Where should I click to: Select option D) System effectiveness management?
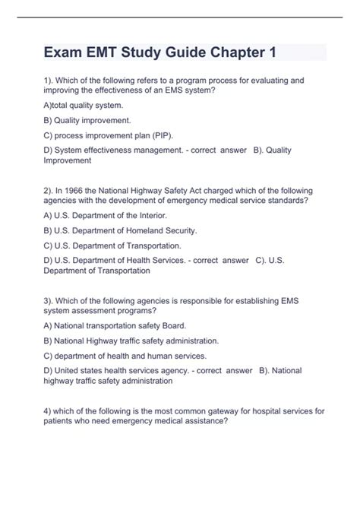[114, 150]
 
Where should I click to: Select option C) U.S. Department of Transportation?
[112, 245]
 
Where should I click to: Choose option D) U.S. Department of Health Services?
[114, 260]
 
